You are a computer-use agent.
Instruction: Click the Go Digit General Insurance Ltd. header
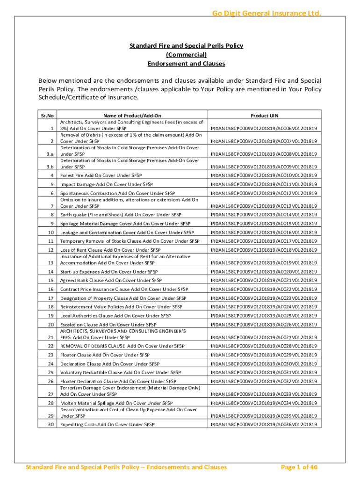pyautogui.click(x=263, y=13)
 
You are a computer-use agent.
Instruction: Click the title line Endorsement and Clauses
pyautogui.click(x=186, y=64)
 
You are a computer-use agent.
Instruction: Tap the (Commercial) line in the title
pyautogui.click(x=186, y=55)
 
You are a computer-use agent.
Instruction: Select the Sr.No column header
pyautogui.click(x=47, y=116)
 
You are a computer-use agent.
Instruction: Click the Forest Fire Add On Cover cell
pyautogui.click(x=101, y=175)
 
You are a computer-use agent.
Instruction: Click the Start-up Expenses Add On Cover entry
pyautogui.click(x=109, y=272)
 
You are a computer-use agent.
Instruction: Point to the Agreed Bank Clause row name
pyautogui.click(x=111, y=280)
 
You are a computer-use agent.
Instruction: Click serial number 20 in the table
pyautogui.click(x=51, y=325)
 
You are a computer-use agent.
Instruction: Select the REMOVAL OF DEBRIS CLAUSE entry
pyautogui.click(x=122, y=346)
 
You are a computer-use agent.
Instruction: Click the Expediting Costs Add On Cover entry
pyautogui.click(x=107, y=424)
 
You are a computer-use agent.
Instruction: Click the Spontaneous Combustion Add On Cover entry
pyautogui.click(x=117, y=193)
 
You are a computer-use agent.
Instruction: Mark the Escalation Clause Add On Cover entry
pyautogui.click(x=108, y=325)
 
